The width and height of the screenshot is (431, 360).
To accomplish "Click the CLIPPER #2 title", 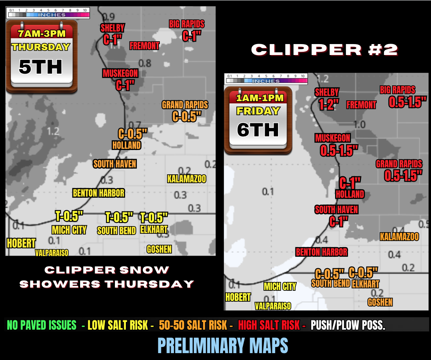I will point(325,50).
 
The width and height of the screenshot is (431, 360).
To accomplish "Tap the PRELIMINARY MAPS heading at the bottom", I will point(223,346).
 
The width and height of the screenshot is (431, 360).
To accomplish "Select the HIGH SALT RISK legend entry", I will point(269,325).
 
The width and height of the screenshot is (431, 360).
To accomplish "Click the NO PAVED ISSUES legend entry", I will point(41,325).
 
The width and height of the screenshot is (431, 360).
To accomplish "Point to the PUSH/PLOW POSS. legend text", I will point(348,325).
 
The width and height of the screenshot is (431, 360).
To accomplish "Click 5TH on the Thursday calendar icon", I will point(40,67).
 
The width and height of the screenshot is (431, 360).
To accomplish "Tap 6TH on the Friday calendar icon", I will point(258,130).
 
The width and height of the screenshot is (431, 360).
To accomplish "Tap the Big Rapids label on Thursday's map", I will point(187,24).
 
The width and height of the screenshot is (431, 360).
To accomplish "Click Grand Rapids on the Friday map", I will point(399,164).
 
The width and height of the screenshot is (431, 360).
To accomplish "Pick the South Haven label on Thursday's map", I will point(115,164).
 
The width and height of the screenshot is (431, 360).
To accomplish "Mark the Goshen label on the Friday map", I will point(380,302).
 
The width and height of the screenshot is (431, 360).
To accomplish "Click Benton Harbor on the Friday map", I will point(321,252).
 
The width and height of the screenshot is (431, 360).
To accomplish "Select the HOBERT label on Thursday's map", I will point(21,243).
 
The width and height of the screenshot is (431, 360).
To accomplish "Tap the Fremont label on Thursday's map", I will point(144,46).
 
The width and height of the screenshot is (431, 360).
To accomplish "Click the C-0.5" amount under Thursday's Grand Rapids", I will point(187,116).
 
